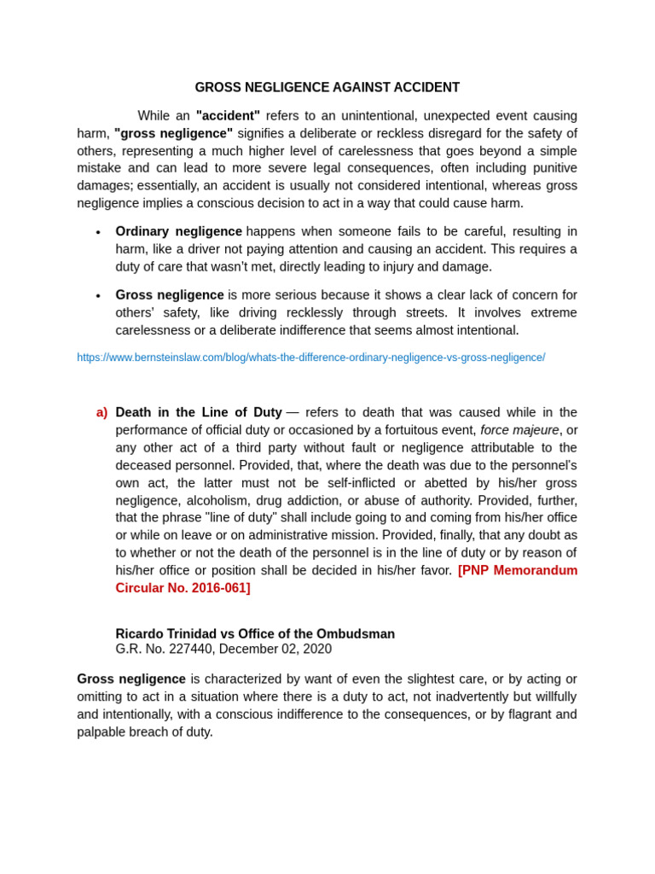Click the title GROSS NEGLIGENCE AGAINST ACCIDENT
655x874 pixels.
point(327,88)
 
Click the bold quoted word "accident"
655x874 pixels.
point(228,115)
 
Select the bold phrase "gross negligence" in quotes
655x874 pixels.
point(173,133)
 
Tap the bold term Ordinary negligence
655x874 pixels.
point(178,231)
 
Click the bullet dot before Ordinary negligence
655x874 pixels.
point(98,232)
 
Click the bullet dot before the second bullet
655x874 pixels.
point(98,296)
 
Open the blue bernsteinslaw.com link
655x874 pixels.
point(310,358)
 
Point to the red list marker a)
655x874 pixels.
point(101,412)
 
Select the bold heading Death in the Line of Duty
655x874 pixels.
point(199,412)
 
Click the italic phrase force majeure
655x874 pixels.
point(519,430)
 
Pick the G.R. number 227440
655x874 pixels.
point(192,649)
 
